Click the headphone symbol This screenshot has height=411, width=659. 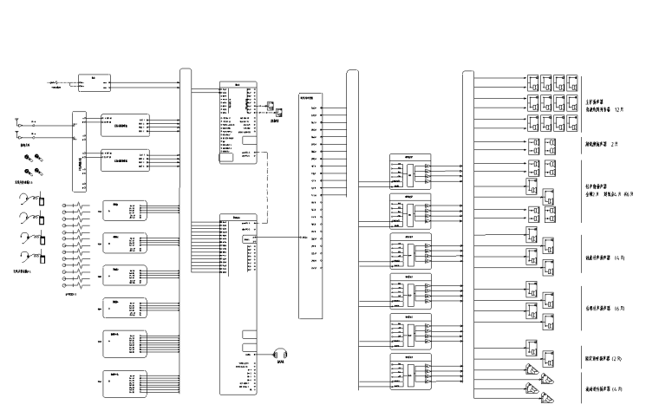(279, 354)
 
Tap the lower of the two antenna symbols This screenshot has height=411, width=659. (17, 135)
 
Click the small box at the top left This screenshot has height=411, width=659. (93, 82)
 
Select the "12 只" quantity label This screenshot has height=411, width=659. (618, 111)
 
